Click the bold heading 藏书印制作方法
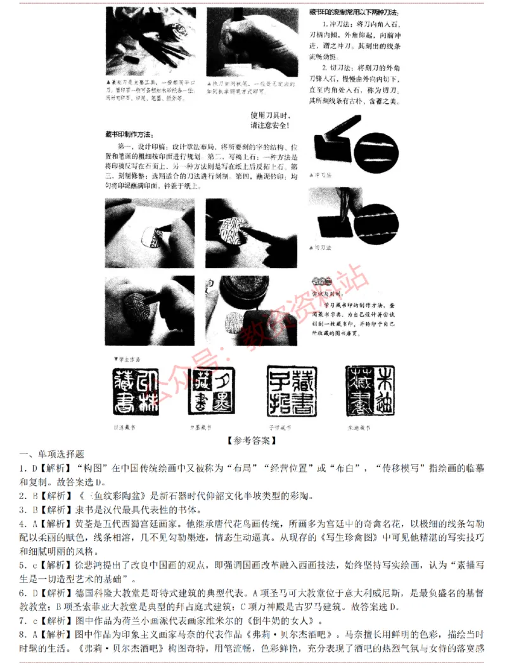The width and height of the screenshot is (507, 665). coord(127,135)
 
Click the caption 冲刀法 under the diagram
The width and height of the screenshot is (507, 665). coord(323,175)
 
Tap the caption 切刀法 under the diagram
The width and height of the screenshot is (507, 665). coord(324,249)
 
